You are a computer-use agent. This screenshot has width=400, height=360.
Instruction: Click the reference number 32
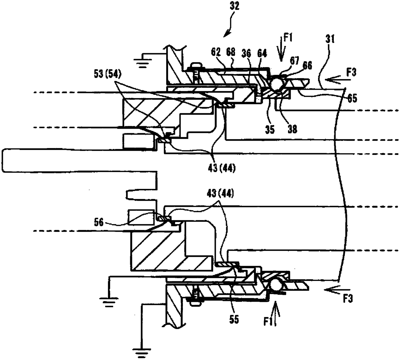(x=235, y=6)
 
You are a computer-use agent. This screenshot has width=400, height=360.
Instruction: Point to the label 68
(x=231, y=52)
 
